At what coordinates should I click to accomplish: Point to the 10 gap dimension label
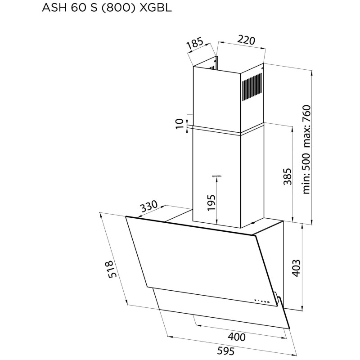tap(180, 123)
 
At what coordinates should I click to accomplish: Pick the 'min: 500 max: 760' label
tap(307, 149)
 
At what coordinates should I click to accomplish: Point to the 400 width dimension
tap(236, 337)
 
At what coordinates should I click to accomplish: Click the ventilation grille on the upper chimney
tap(252, 88)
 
